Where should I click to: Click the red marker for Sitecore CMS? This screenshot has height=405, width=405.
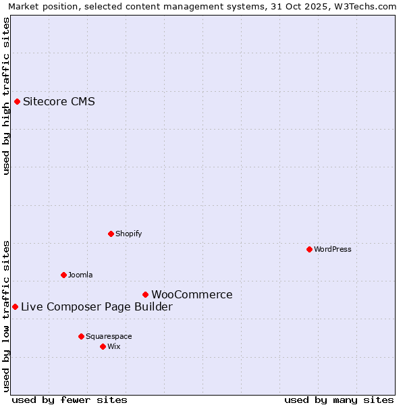(18, 102)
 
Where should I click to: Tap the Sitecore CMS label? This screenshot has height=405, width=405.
(59, 102)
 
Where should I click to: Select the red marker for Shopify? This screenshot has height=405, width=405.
(111, 234)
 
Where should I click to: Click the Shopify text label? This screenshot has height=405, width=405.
(128, 234)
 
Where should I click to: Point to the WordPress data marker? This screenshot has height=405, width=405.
(309, 249)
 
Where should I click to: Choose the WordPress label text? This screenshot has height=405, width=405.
(332, 249)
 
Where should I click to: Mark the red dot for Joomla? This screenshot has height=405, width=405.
(64, 275)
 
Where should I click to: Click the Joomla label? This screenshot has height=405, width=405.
(80, 275)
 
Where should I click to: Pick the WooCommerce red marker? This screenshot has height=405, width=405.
(145, 294)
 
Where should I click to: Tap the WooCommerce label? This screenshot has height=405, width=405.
(192, 294)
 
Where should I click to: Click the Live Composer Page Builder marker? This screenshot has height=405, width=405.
(15, 306)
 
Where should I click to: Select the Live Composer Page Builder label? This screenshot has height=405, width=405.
(97, 306)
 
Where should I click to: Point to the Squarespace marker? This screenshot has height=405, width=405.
(81, 336)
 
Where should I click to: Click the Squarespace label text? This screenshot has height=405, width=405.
(109, 336)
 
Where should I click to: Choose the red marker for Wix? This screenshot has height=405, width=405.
(103, 346)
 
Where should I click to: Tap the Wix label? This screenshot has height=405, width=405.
(114, 346)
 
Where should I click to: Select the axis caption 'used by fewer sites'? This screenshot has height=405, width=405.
(70, 400)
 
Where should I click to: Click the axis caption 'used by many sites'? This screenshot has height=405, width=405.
(339, 400)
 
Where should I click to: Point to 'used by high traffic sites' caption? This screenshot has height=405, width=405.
(6, 96)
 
